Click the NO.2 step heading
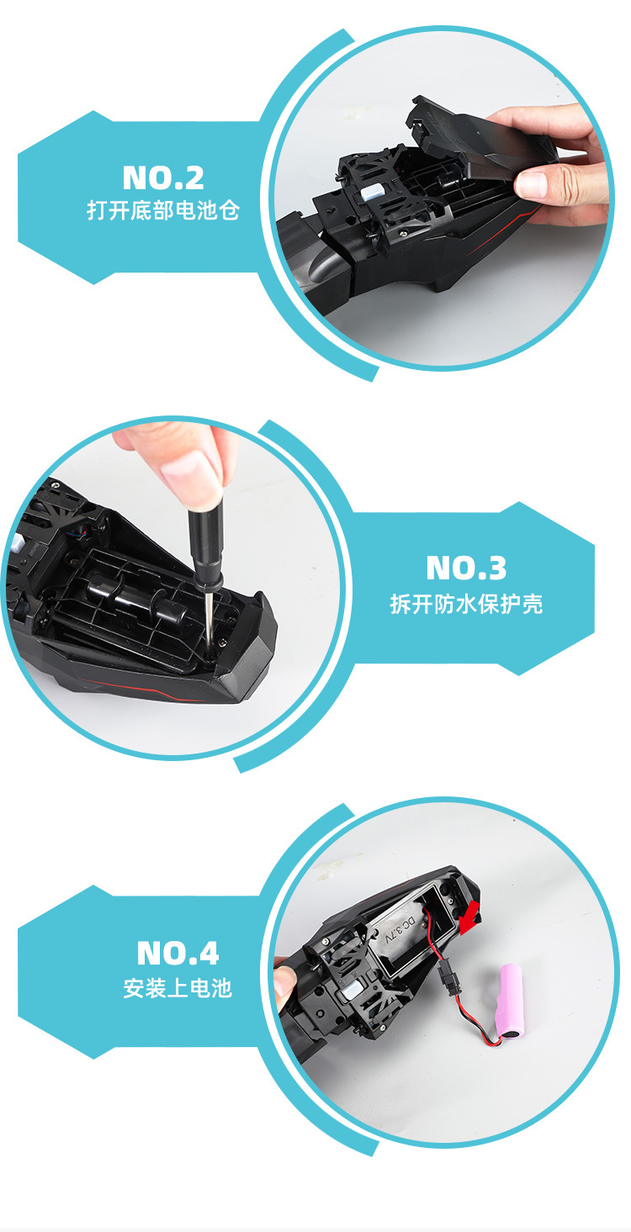click(163, 178)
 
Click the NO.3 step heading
click(466, 568)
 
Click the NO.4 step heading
click(178, 954)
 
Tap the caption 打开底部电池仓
click(163, 210)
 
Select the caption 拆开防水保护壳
click(466, 604)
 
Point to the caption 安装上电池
click(178, 988)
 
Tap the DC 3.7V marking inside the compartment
click(398, 928)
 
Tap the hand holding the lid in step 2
click(564, 168)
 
